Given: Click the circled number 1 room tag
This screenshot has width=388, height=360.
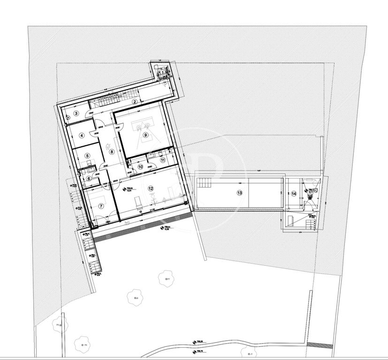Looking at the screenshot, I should (x=162, y=72).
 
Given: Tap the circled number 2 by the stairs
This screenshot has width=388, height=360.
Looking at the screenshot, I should (x=135, y=102).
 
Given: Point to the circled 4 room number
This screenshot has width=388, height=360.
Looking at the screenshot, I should (x=82, y=136).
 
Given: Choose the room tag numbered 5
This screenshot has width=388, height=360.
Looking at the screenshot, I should (x=87, y=157).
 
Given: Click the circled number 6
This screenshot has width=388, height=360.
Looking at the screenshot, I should (x=88, y=178).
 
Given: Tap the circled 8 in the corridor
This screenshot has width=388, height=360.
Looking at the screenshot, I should (x=112, y=151).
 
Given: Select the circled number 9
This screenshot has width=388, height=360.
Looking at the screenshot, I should (x=145, y=135).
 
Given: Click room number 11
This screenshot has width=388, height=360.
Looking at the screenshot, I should (x=163, y=160).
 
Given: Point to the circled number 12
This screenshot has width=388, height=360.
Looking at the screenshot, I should (x=151, y=188).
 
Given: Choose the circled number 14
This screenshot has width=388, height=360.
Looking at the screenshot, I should (x=294, y=193).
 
